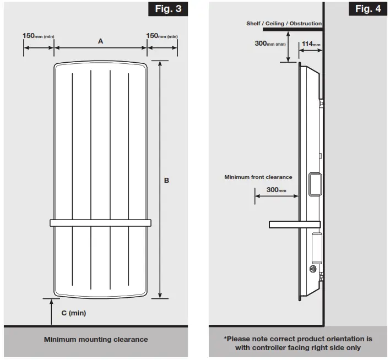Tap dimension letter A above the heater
100,41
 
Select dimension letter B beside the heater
167,180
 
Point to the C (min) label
73,313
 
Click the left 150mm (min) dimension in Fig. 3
38,36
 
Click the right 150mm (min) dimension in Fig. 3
162,36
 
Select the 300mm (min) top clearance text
270,43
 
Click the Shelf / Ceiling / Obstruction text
284,24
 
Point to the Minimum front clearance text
258,177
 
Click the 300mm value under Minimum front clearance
277,189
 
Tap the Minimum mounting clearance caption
96,340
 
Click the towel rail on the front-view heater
100,223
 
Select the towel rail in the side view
294,224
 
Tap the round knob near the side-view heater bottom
313,269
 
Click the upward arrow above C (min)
52,306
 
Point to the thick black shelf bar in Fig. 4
292,30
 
